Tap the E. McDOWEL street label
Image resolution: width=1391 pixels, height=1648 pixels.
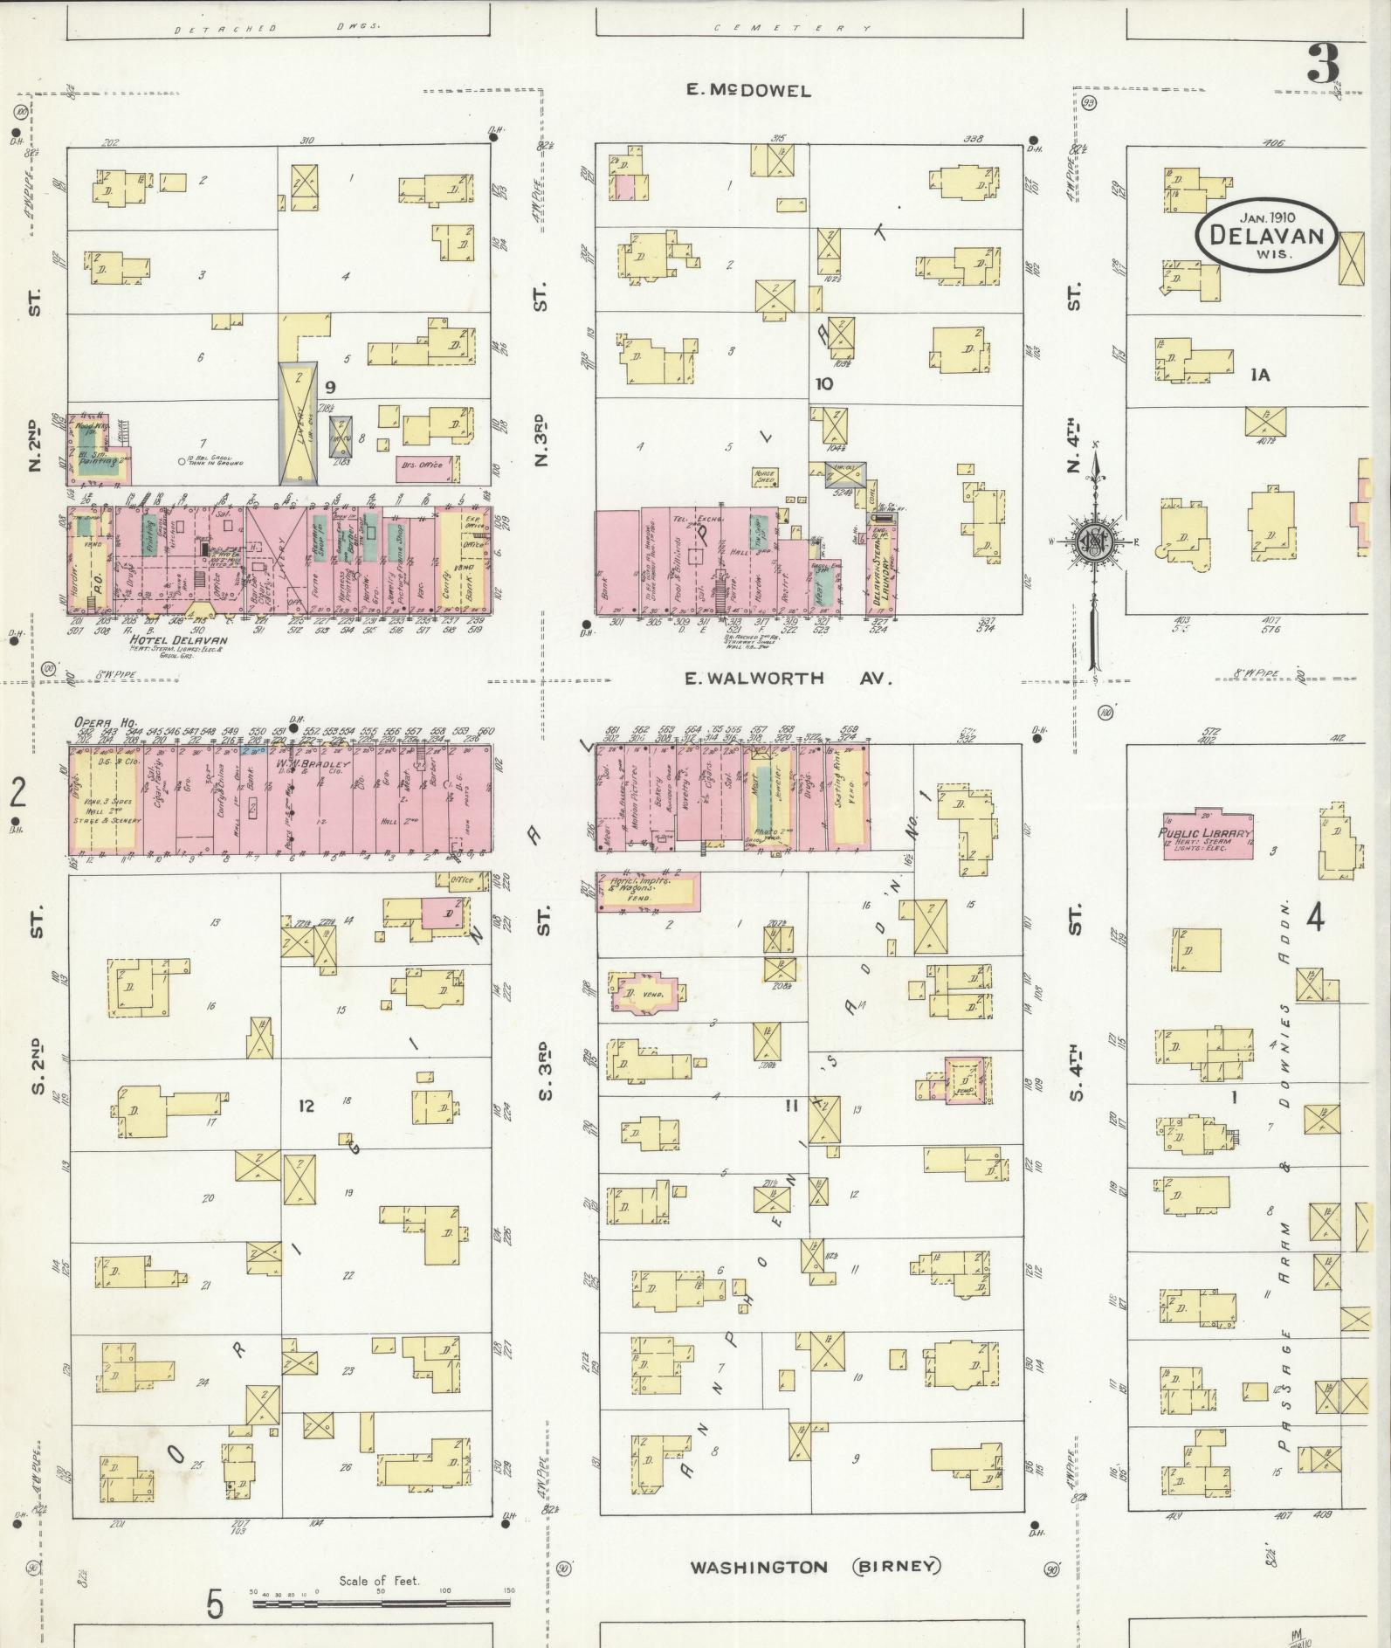[748, 90]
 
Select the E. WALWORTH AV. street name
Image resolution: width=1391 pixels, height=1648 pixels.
[788, 678]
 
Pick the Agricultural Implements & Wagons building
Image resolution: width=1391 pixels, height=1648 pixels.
[647, 891]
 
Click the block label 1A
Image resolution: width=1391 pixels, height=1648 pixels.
[1259, 375]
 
